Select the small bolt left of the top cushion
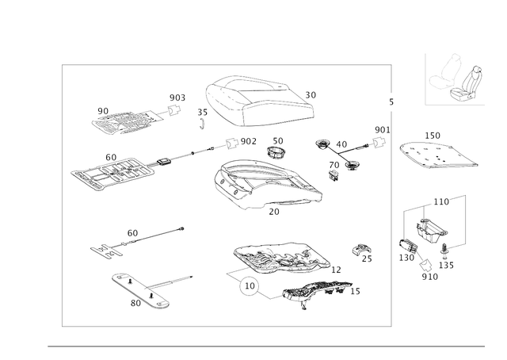point(201,120)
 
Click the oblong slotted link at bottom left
point(143,289)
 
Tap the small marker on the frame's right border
point(391,101)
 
